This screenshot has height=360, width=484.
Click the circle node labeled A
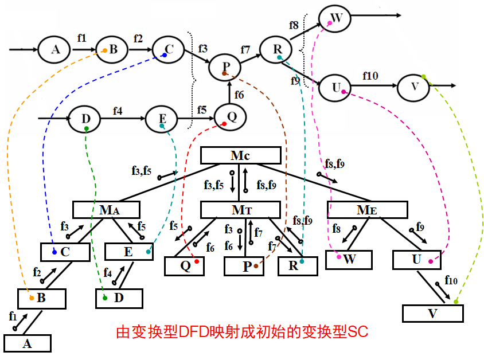[56, 50]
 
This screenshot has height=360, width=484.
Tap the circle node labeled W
[336, 18]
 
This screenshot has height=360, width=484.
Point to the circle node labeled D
[85, 119]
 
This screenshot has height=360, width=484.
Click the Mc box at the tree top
[240, 155]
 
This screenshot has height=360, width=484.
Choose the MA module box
[106, 210]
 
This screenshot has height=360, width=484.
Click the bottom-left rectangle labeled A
[27, 343]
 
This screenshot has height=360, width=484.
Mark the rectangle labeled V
[432, 314]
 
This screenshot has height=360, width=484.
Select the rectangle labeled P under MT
[245, 266]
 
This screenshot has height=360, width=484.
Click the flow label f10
[370, 75]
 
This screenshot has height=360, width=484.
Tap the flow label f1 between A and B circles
[81, 38]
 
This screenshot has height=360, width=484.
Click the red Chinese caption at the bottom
[241, 332]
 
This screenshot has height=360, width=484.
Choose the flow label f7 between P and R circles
[245, 50]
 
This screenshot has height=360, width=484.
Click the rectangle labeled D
[119, 298]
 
